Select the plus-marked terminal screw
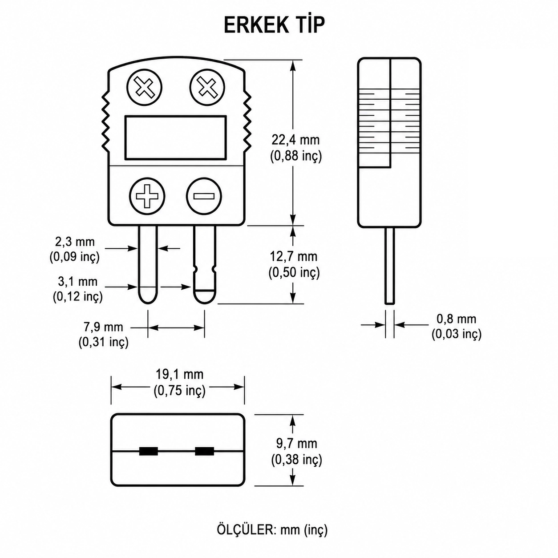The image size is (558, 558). (x=147, y=196)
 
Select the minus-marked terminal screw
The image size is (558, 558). (x=204, y=196)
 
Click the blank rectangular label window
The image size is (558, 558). (x=175, y=137)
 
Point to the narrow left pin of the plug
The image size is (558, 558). (x=148, y=264)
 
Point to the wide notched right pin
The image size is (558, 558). (x=205, y=264)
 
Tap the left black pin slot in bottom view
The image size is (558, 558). (x=149, y=451)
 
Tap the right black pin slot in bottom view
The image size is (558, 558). (x=204, y=451)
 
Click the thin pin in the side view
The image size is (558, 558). (x=389, y=266)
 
